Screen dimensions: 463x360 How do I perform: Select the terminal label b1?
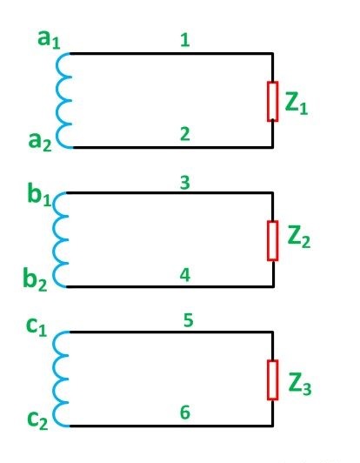(x=40, y=195)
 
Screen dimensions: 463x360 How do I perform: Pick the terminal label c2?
(x=39, y=418)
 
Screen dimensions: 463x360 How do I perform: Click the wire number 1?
(x=184, y=39)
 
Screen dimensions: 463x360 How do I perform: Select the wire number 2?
(x=184, y=133)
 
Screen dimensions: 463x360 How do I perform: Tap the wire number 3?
(x=184, y=184)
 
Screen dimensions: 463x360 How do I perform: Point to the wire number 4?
(x=184, y=272)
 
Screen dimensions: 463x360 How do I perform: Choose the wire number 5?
(x=187, y=320)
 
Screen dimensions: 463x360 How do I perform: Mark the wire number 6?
(x=184, y=413)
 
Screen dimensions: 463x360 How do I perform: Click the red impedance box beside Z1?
(x=272, y=102)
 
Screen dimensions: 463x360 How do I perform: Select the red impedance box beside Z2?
(x=273, y=240)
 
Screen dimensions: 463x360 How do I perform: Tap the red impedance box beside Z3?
(x=273, y=379)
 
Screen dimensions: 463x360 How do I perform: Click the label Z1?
(x=297, y=104)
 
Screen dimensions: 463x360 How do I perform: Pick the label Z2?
(x=299, y=237)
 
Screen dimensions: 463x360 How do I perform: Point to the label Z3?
(x=299, y=384)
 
